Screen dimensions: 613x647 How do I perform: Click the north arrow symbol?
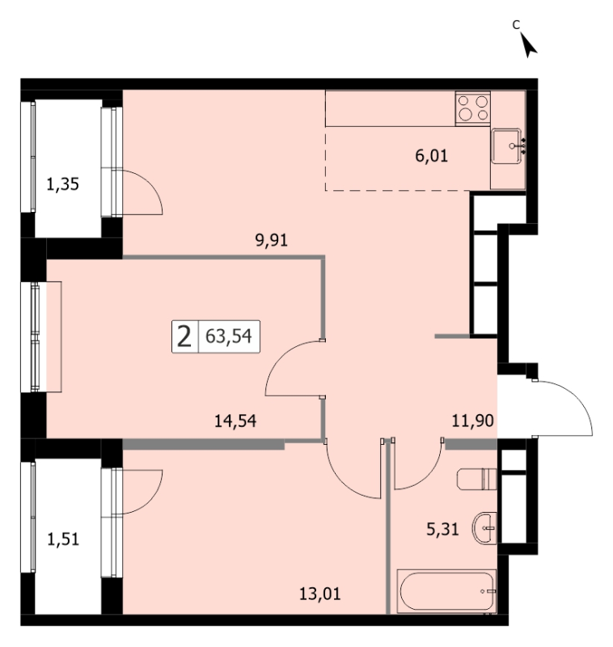[527, 45]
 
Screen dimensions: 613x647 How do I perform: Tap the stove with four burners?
[473, 108]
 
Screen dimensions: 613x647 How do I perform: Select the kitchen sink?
[506, 146]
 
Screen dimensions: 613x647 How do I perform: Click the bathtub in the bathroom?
[446, 591]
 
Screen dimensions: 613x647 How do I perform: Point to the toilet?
[476, 479]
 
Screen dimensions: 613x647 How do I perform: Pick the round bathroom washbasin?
[484, 528]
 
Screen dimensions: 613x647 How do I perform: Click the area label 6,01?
[431, 156]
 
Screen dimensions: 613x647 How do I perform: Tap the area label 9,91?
[271, 239]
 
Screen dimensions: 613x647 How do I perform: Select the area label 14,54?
[235, 421]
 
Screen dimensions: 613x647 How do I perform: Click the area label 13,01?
[319, 594]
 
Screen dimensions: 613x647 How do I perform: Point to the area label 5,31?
[442, 529]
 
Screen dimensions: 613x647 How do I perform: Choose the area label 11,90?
[473, 421]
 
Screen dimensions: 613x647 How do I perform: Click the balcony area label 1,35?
[62, 184]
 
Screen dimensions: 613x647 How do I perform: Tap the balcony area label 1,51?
[63, 539]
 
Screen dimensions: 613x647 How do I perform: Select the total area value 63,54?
[229, 336]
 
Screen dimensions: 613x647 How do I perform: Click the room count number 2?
[184, 336]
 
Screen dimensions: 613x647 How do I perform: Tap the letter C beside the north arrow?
[516, 25]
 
